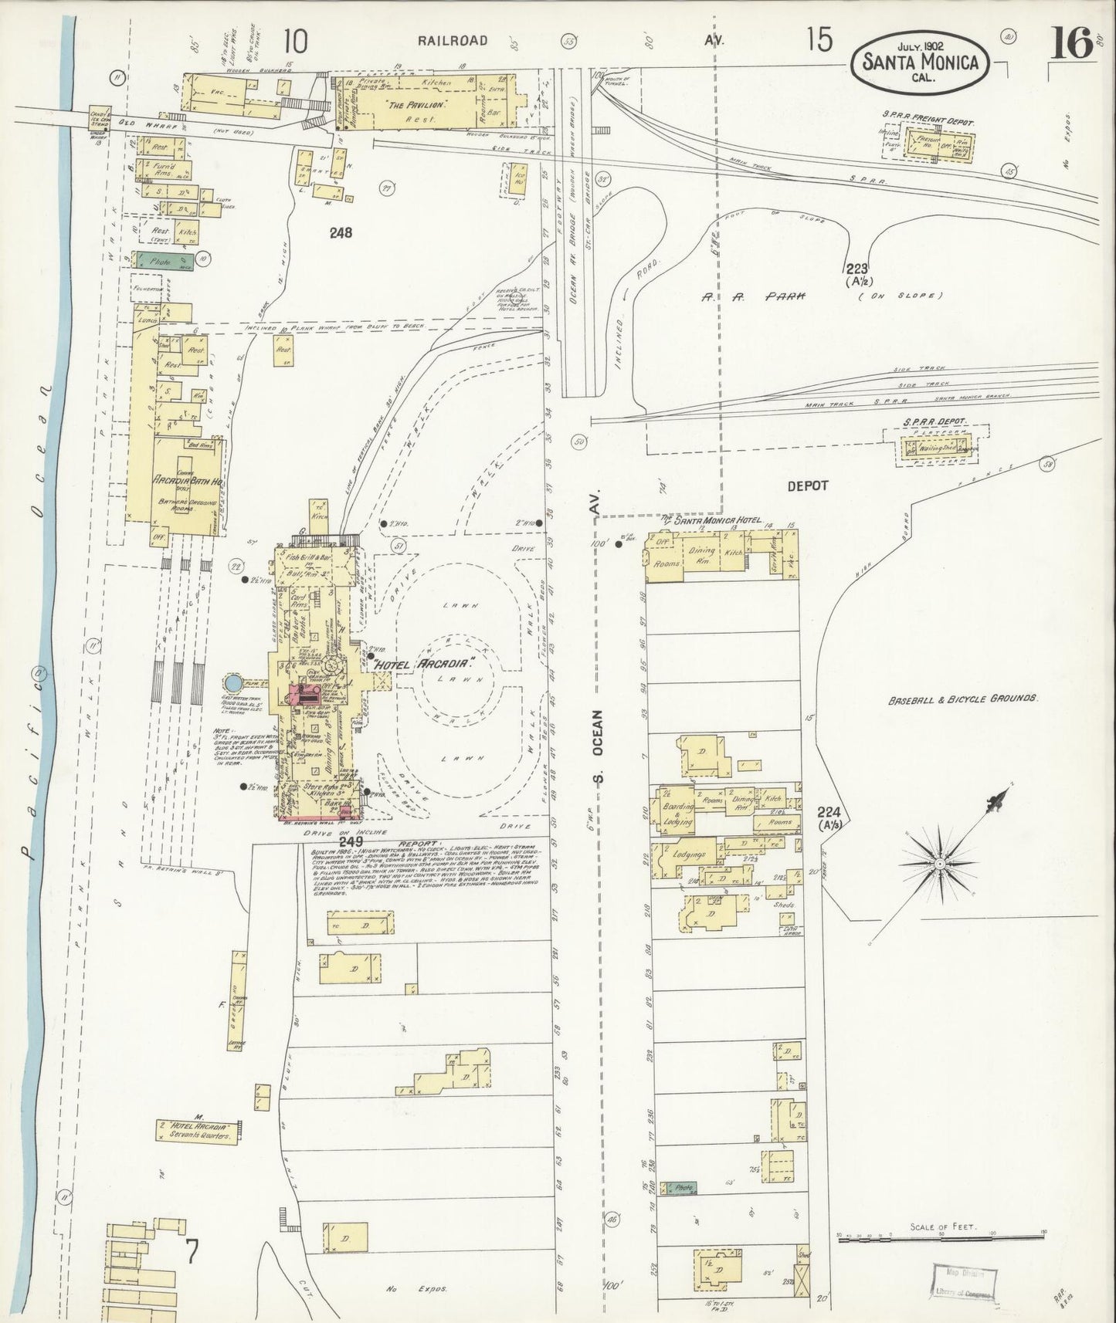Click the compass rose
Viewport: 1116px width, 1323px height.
[x=939, y=861]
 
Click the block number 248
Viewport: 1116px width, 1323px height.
[x=341, y=232]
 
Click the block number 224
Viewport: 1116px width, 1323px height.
[x=830, y=812]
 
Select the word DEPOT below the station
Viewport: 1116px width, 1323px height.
[x=807, y=486]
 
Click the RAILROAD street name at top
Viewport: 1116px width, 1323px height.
[x=453, y=41]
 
